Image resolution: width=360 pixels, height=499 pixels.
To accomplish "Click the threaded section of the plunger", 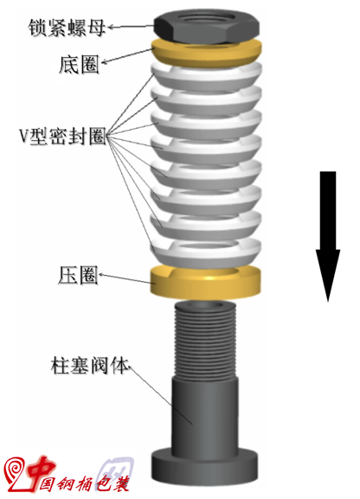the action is click(x=205, y=341).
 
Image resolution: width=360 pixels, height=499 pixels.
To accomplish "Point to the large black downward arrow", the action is click(x=328, y=236).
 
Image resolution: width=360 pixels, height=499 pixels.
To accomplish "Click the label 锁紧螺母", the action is click(x=67, y=28).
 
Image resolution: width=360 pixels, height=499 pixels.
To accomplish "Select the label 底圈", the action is click(x=79, y=64).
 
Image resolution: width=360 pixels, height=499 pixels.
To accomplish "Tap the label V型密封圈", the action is click(x=62, y=137).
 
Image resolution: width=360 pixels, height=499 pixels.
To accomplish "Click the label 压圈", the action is click(x=78, y=275).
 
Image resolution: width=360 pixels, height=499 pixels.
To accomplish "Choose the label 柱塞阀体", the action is click(x=89, y=366).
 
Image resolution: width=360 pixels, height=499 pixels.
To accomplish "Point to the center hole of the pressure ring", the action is click(x=204, y=272).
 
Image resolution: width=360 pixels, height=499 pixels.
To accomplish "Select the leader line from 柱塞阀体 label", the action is click(x=160, y=395).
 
